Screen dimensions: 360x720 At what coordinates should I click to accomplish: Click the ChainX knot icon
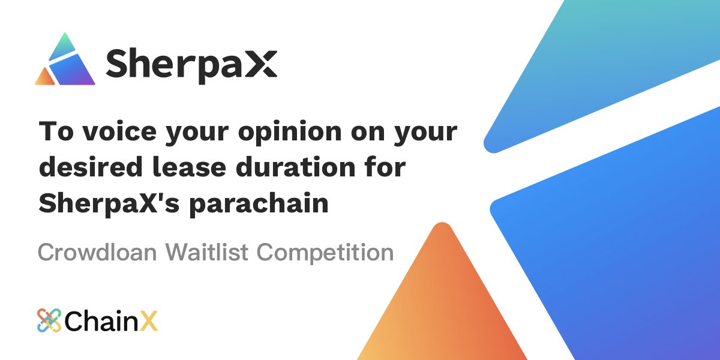[x=49, y=321]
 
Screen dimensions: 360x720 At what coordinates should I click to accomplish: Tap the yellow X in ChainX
[x=149, y=322]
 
